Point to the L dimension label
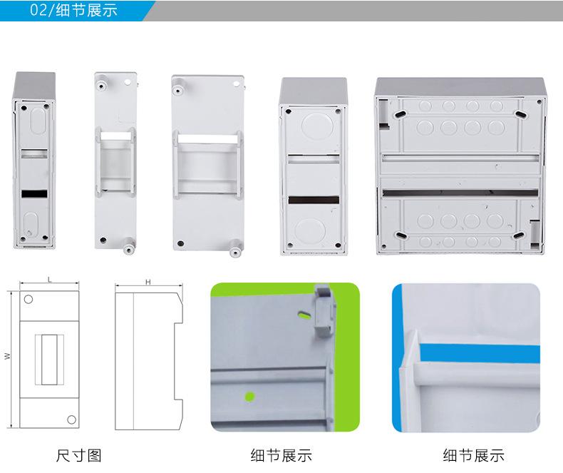click(49, 280)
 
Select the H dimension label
click(148, 283)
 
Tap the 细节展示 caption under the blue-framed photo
click(472, 455)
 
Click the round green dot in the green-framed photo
click(250, 396)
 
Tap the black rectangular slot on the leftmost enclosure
click(34, 193)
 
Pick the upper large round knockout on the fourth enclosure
click(311, 126)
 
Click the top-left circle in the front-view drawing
click(29, 298)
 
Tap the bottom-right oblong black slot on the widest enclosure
click(520, 233)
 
